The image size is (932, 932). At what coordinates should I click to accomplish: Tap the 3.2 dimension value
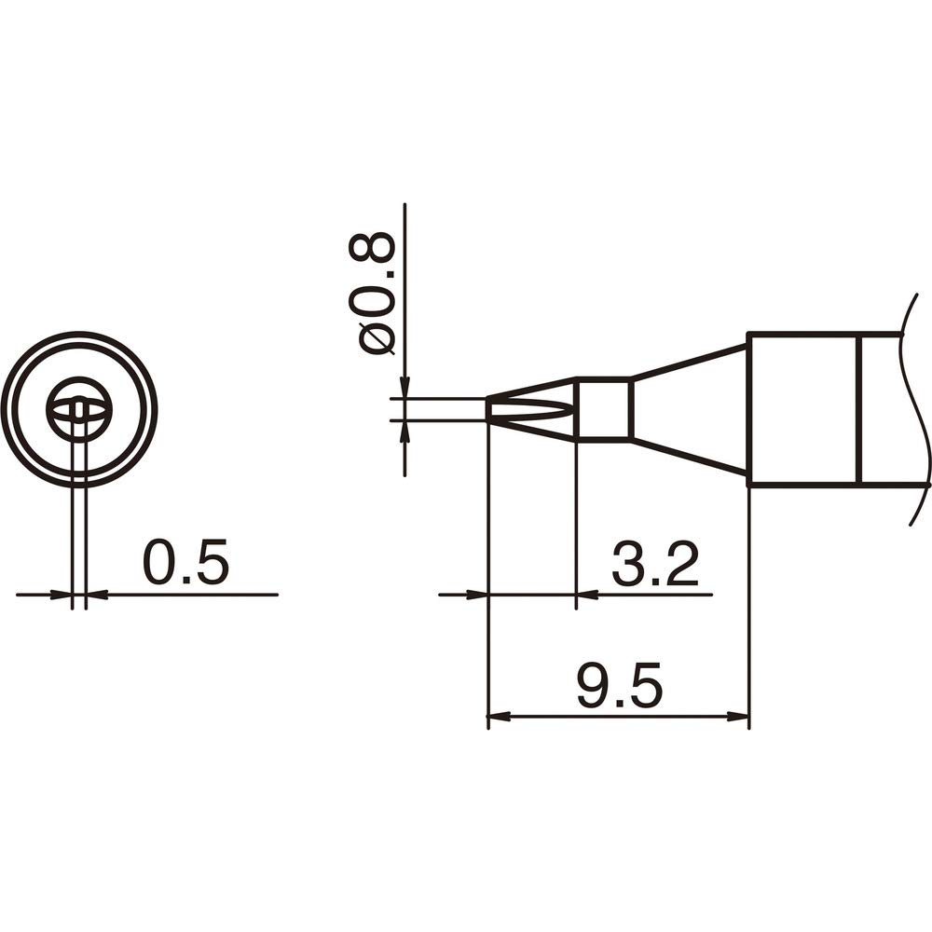pyautogui.click(x=654, y=566)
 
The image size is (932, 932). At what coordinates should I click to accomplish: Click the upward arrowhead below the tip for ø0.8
pyautogui.click(x=404, y=432)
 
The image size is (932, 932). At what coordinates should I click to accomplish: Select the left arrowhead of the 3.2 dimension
pyautogui.click(x=476, y=594)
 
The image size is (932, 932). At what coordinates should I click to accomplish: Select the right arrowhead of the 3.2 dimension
pyautogui.click(x=588, y=594)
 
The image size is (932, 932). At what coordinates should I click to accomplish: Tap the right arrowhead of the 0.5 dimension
pyautogui.click(x=97, y=594)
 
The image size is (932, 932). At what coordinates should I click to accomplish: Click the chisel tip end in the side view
pyautogui.click(x=494, y=409)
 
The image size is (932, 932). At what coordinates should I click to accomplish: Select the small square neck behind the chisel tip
pyautogui.click(x=604, y=408)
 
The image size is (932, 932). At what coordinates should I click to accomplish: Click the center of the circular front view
pyautogui.click(x=79, y=408)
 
